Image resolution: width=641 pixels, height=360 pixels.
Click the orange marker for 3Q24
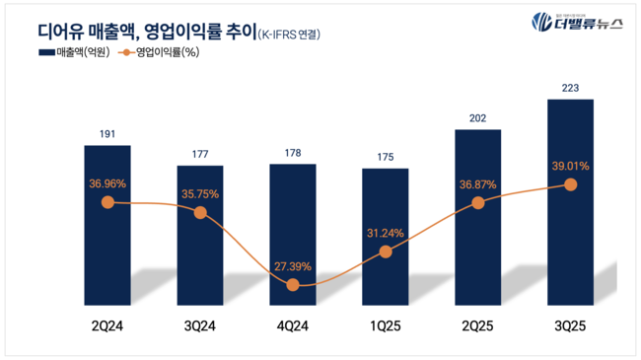click(x=200, y=211)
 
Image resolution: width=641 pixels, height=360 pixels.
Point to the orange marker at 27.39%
click(x=293, y=285)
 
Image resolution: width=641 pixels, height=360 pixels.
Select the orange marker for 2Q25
click(x=478, y=202)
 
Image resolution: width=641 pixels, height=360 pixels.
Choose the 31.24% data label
click(x=385, y=232)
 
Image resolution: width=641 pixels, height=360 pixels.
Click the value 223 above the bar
click(x=570, y=87)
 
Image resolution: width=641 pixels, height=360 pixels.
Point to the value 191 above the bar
click(x=107, y=132)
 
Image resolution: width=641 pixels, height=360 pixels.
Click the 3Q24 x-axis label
click(x=200, y=324)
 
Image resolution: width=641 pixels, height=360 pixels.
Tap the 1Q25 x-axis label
click(x=385, y=324)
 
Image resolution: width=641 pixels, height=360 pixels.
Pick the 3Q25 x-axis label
click(x=570, y=324)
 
